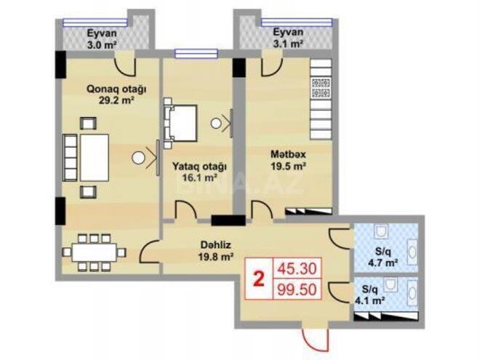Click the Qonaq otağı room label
click(116, 89)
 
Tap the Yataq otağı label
click(199, 167)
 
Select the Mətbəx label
click(288, 154)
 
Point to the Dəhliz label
click(216, 245)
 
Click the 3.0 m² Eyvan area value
click(102, 45)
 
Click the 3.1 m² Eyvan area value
click(289, 44)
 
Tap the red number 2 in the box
click(259, 279)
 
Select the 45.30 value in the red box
click(297, 269)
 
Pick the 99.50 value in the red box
click(297, 289)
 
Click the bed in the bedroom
click(180, 123)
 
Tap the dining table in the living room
click(95, 252)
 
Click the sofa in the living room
click(70, 158)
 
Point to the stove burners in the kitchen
click(321, 88)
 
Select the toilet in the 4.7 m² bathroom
click(381, 231)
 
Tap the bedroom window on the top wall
click(196, 54)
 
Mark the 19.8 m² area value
click(216, 257)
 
